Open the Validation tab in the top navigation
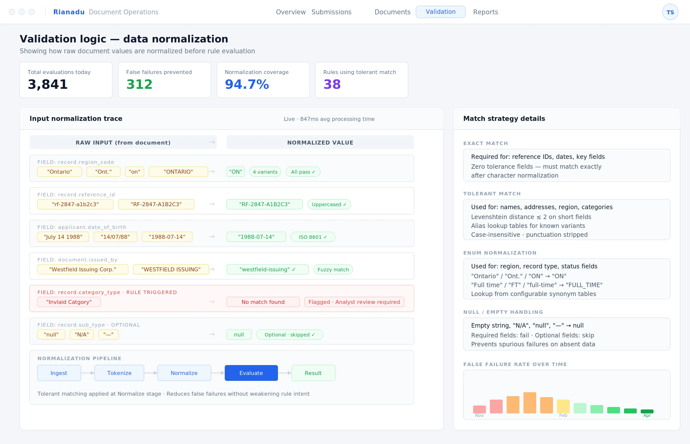coord(440,12)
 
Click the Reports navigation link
coord(485,12)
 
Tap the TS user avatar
coord(670,12)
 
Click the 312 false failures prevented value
coord(139,84)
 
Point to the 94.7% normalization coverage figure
coord(247,84)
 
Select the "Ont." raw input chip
coord(103,171)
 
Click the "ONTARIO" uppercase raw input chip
coord(178,171)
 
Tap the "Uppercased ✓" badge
coord(329,204)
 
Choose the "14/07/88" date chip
coord(115,237)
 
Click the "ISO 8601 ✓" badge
coord(313,237)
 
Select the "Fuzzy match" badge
coord(333,270)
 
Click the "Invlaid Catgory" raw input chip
coord(69,302)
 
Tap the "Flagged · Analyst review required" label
coord(354,302)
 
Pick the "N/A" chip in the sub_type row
coord(82,334)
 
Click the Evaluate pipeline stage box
coord(251,373)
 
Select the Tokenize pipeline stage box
coord(119,373)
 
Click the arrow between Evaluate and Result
coord(285,373)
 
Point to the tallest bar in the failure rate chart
coord(530,403)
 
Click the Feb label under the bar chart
coord(563,415)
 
